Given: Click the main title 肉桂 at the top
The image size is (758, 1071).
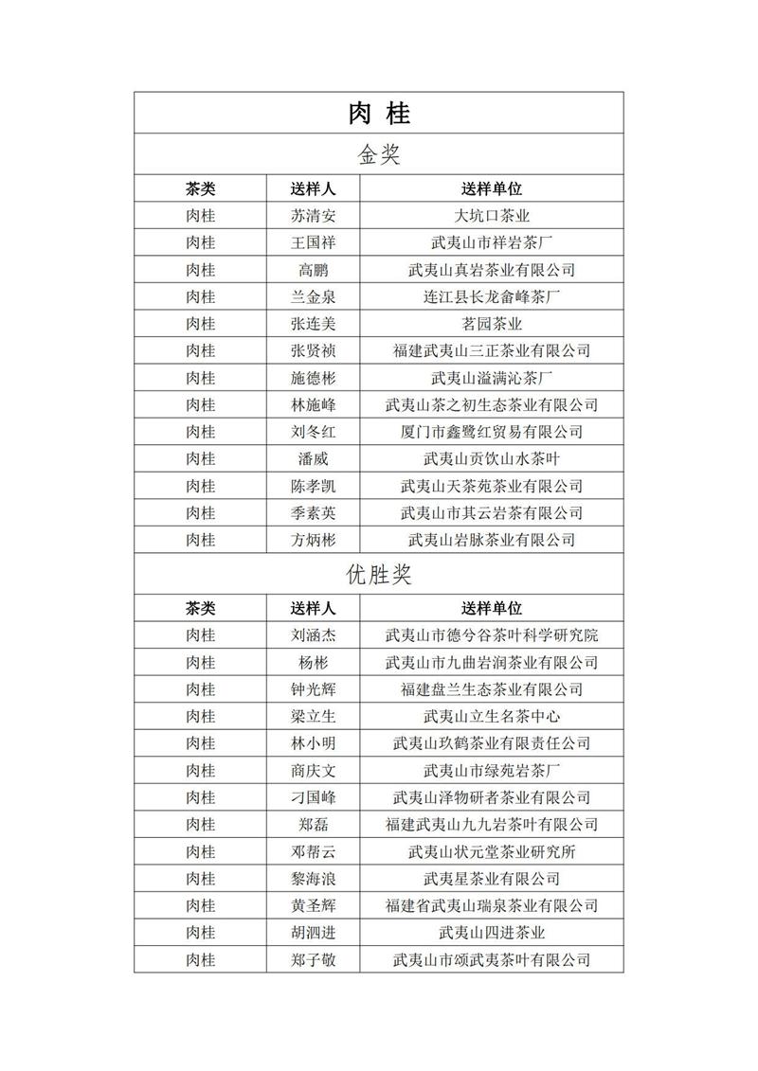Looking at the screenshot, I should pyautogui.click(x=378, y=114).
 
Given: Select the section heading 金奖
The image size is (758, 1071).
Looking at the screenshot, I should pyautogui.click(x=378, y=154).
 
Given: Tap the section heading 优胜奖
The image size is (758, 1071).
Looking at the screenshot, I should pyautogui.click(x=378, y=574).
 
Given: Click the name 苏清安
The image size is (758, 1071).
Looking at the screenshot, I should pyautogui.click(x=313, y=216).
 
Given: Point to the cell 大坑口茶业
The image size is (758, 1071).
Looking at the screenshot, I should pyautogui.click(x=492, y=216).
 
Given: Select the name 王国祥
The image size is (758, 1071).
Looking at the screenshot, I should pyautogui.click(x=313, y=242).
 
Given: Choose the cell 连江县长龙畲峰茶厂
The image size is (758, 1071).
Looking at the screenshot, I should pyautogui.click(x=492, y=296).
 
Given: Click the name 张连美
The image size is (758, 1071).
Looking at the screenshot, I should pyautogui.click(x=313, y=324).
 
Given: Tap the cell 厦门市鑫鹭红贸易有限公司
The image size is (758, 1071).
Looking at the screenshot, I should pyautogui.click(x=492, y=432).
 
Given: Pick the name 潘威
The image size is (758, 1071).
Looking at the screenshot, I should pyautogui.click(x=313, y=459).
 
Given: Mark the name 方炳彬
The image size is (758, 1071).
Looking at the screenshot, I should pyautogui.click(x=313, y=540).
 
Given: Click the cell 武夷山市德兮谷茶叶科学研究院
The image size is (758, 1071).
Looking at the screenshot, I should pyautogui.click(x=492, y=635).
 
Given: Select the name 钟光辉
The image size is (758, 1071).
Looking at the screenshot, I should pyautogui.click(x=313, y=689).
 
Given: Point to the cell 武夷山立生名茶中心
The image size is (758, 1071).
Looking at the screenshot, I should pyautogui.click(x=492, y=716).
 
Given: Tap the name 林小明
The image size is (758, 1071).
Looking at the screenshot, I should pyautogui.click(x=313, y=743).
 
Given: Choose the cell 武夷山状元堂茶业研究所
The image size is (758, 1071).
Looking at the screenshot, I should pyautogui.click(x=492, y=851).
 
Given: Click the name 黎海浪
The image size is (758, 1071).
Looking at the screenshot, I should pyautogui.click(x=313, y=879).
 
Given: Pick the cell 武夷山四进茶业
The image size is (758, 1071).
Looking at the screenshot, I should pyautogui.click(x=492, y=933).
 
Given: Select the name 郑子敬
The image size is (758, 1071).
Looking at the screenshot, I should pyautogui.click(x=313, y=960).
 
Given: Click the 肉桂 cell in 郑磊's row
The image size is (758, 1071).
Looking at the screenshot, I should pyautogui.click(x=201, y=825).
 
